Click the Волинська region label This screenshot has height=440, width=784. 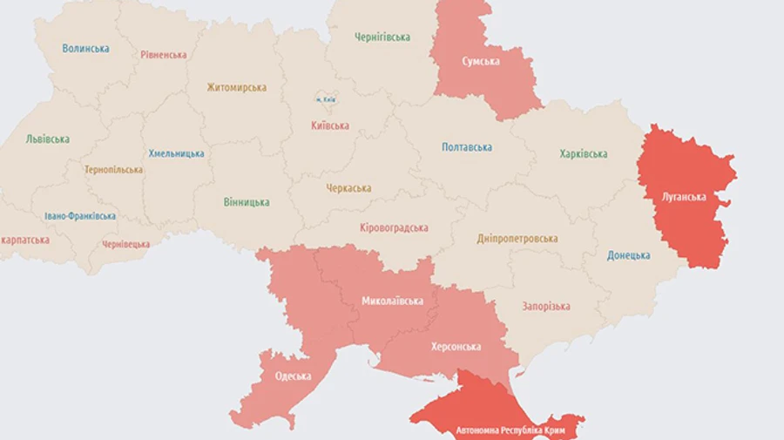click(x=85, y=49)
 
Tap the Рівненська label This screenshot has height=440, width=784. click(x=164, y=55)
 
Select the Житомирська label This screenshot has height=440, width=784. click(x=237, y=87)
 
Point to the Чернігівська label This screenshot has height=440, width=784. click(x=382, y=37)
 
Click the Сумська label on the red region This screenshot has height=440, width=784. click(x=481, y=61)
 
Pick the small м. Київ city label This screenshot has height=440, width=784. click(x=326, y=99)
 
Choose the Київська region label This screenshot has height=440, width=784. click(x=330, y=125)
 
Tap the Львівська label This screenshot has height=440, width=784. click(x=48, y=139)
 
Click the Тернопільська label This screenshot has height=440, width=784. click(x=113, y=170)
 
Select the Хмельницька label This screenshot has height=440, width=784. click(x=177, y=153)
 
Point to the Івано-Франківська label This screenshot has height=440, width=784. click(x=80, y=216)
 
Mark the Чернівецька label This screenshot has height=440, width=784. click(x=125, y=245)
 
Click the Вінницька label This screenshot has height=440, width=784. click(x=247, y=202)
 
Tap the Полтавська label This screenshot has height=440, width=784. click(x=467, y=147)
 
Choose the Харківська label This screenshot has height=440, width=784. click(x=584, y=154)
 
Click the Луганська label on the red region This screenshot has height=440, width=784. click(x=684, y=197)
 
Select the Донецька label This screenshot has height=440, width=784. click(x=629, y=255)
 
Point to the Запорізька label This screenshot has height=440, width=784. click(x=546, y=307)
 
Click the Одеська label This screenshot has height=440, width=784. click(x=293, y=376)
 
